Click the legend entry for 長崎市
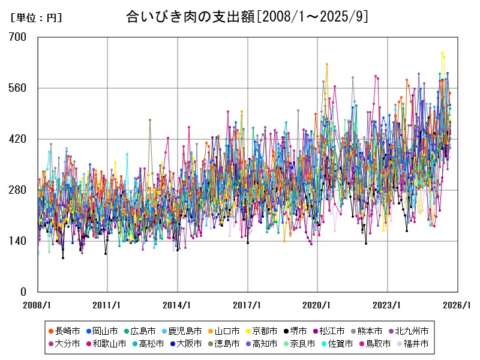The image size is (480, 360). (x=65, y=331)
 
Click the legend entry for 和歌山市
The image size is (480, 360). (x=107, y=344)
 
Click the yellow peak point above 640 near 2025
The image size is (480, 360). (x=442, y=53)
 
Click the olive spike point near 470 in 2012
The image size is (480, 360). (x=150, y=120)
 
